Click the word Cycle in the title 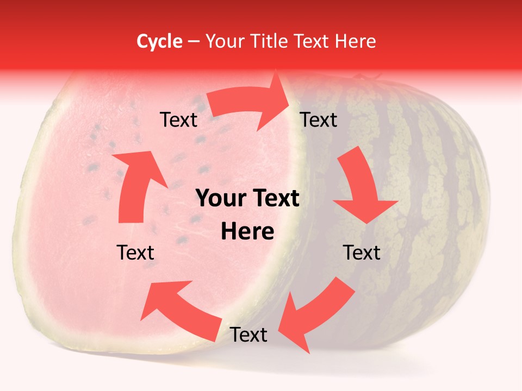(159, 41)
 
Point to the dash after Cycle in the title (193, 42)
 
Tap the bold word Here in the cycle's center (247, 232)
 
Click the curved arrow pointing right (250, 103)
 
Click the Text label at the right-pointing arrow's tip (319, 120)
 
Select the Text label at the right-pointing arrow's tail (178, 120)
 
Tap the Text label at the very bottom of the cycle (248, 335)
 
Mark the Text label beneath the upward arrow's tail (135, 253)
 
